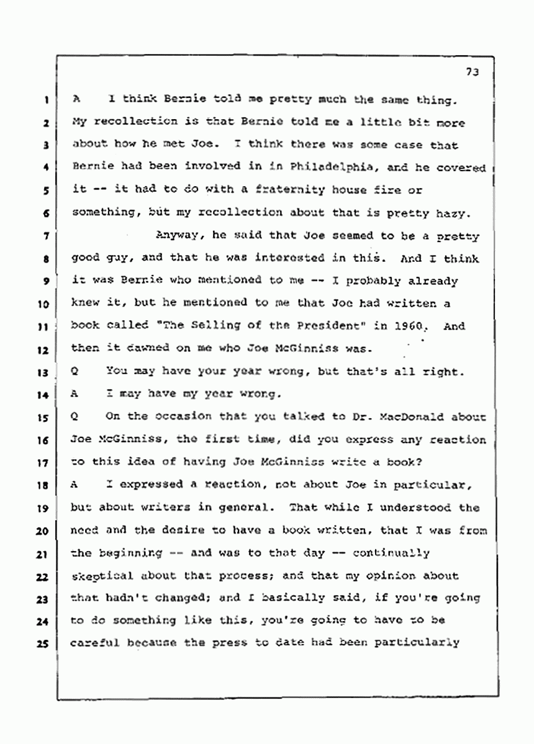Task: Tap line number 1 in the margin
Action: (x=47, y=99)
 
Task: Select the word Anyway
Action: (x=176, y=236)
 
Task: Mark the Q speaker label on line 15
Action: (x=75, y=416)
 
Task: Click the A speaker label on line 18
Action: (x=75, y=485)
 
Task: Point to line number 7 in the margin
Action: (x=47, y=236)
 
